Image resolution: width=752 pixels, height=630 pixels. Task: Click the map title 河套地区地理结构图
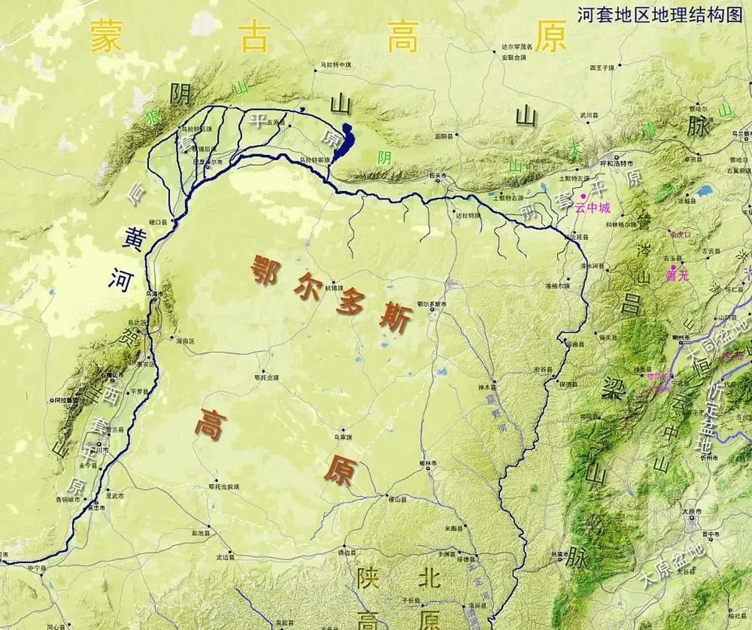pos(659,15)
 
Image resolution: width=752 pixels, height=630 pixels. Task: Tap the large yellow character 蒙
pos(105,36)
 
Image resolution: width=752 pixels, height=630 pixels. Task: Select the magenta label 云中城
pos(592,208)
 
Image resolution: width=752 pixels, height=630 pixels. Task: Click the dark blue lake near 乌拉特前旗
pos(344,140)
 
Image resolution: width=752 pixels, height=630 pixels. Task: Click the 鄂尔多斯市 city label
pos(431,305)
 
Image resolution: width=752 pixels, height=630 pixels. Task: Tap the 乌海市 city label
pos(155,294)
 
